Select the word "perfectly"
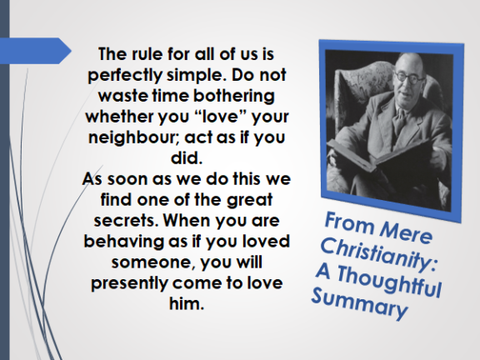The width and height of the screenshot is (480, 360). coord(125,75)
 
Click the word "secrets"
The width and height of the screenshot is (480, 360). coord(126,220)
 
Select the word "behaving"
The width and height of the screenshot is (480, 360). coord(124,242)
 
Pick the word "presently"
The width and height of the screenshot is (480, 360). coord(129,283)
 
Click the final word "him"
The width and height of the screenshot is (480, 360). coord(186,303)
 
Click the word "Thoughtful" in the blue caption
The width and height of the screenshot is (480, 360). coord(389,281)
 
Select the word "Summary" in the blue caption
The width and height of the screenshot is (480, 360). coord(359,303)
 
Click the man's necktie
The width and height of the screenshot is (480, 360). coord(399,120)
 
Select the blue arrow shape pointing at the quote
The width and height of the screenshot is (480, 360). coord(36,51)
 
